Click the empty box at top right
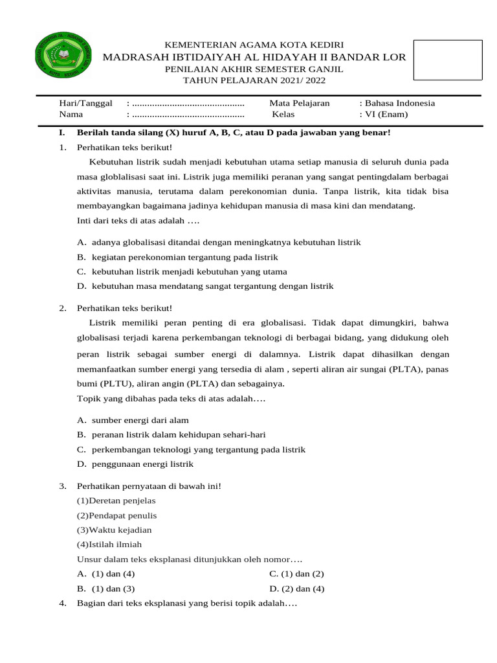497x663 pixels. coord(448,60)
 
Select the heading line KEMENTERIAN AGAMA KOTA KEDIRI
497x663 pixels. coord(255,44)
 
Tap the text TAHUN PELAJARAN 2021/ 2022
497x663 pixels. coord(255,81)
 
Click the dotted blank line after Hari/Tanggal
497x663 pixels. coord(188,103)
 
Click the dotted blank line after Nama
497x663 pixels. coord(188,115)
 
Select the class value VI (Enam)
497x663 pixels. coord(386,115)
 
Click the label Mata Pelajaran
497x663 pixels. coord(300,103)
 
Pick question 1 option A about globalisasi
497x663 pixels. coord(218,242)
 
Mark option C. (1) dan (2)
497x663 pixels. coord(296,574)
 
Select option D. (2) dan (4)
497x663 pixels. coord(296,589)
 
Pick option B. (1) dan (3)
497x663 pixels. coord(105,589)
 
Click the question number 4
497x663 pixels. coord(62,604)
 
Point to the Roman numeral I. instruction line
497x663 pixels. coord(233,133)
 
